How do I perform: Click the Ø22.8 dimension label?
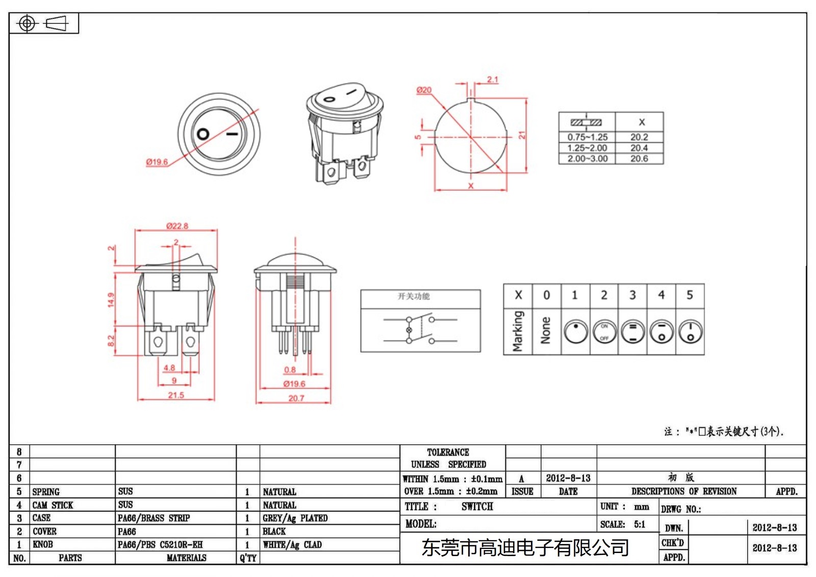(x=177, y=226)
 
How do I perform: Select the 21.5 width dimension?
(x=176, y=395)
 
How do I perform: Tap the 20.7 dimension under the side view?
(x=296, y=398)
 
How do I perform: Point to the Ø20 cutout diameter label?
(x=424, y=90)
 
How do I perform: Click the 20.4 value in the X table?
(x=639, y=148)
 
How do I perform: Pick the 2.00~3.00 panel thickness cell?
(x=588, y=159)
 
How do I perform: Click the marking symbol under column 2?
(x=604, y=332)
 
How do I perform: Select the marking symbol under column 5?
(x=690, y=332)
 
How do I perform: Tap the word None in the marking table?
(x=546, y=331)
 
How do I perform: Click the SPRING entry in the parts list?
(x=46, y=492)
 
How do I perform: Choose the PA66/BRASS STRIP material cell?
(x=154, y=518)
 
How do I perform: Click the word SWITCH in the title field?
(x=477, y=507)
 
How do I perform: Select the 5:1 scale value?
(x=640, y=524)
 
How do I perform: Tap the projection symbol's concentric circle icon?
(x=27, y=23)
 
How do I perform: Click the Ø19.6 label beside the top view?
(x=157, y=162)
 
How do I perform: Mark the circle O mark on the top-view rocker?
(x=203, y=134)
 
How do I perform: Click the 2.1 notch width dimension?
(x=492, y=80)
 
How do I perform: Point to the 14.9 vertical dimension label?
(x=111, y=299)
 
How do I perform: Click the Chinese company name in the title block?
(x=525, y=548)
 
